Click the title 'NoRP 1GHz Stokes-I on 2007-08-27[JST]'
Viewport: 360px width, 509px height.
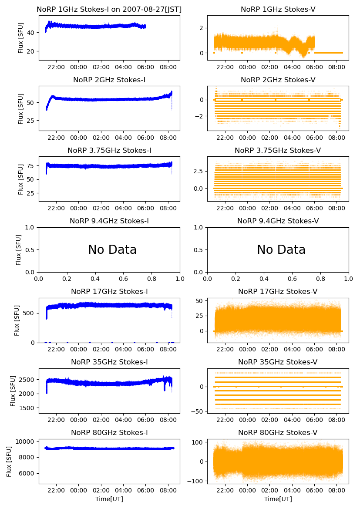pos(109,9)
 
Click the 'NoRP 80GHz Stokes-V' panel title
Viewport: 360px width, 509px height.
pos(278,432)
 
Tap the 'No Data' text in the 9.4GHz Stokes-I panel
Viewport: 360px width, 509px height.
pos(112,250)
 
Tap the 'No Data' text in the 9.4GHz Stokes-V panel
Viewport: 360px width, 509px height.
pos(281,250)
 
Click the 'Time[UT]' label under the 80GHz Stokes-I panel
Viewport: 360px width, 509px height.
pos(109,499)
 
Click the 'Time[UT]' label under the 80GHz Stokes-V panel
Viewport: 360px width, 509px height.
pos(278,499)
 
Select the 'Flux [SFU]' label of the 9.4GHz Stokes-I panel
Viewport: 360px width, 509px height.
pos(18,249)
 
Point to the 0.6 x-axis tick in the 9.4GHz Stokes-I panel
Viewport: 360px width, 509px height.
pos(123,279)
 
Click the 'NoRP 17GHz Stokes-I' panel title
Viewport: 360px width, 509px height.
pos(109,291)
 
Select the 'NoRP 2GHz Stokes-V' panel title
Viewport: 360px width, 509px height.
pos(278,80)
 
